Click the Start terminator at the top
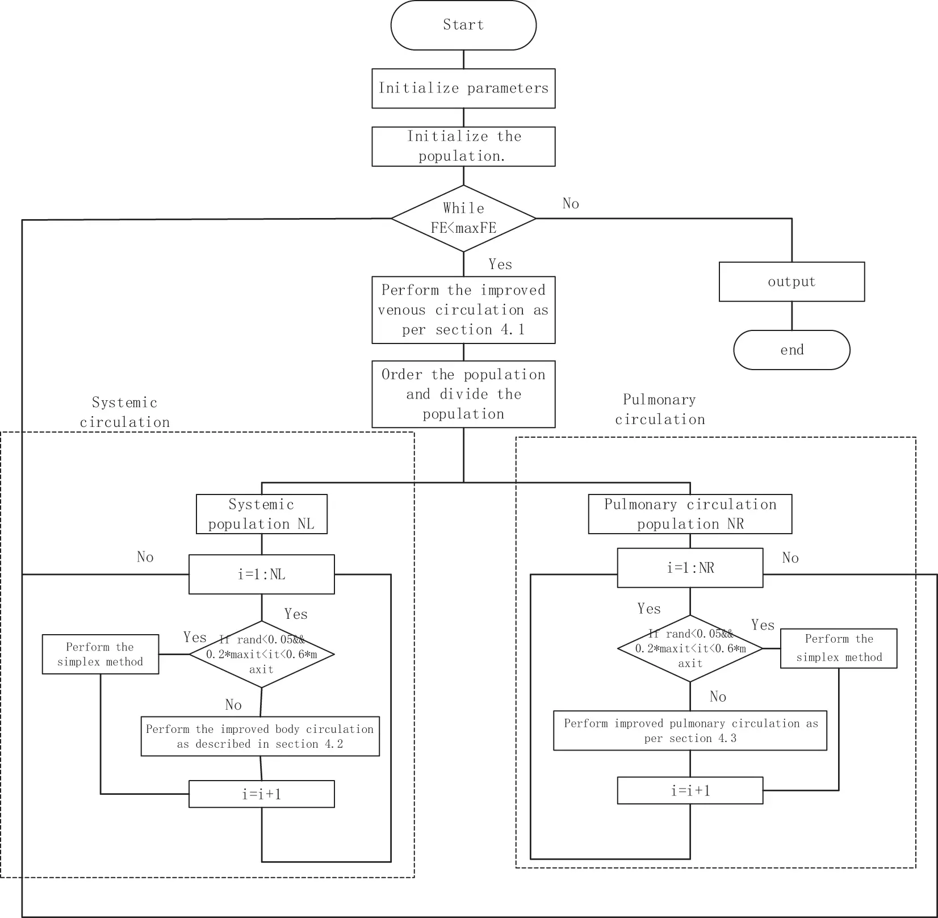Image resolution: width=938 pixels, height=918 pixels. pyautogui.click(x=463, y=25)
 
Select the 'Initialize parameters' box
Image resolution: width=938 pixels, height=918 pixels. pyautogui.click(x=463, y=89)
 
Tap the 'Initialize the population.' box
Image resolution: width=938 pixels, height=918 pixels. pyautogui.click(x=463, y=146)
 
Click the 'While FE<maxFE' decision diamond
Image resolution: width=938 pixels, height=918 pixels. pyautogui.click(x=463, y=219)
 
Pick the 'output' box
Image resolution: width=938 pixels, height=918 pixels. pyautogui.click(x=792, y=282)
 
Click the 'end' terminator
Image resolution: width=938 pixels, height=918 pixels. pyautogui.click(x=792, y=350)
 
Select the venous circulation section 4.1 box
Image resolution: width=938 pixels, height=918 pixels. pyautogui.click(x=463, y=310)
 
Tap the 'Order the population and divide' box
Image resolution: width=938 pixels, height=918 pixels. pyautogui.click(x=463, y=394)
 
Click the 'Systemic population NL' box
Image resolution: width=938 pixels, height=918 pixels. pyautogui.click(x=262, y=514)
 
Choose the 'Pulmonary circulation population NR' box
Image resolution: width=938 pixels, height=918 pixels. pyautogui.click(x=690, y=514)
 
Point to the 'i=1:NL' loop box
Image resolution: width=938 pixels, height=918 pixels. pyautogui.click(x=262, y=575)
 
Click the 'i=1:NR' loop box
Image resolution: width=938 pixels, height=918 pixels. pyautogui.click(x=690, y=568)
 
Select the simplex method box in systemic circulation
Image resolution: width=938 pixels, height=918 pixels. pyautogui.click(x=101, y=654)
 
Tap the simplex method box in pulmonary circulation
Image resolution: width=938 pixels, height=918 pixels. pyautogui.click(x=839, y=648)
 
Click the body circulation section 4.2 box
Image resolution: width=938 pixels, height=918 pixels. pyautogui.click(x=260, y=736)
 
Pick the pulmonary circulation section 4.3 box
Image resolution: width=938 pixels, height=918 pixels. pyautogui.click(x=690, y=731)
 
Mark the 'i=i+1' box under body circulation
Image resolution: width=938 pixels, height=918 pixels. pyautogui.click(x=262, y=794)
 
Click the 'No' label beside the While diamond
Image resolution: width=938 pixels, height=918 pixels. pyautogui.click(x=571, y=203)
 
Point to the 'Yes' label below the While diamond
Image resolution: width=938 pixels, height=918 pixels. pyautogui.click(x=500, y=264)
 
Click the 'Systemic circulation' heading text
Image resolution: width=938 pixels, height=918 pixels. pyautogui.click(x=125, y=412)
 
